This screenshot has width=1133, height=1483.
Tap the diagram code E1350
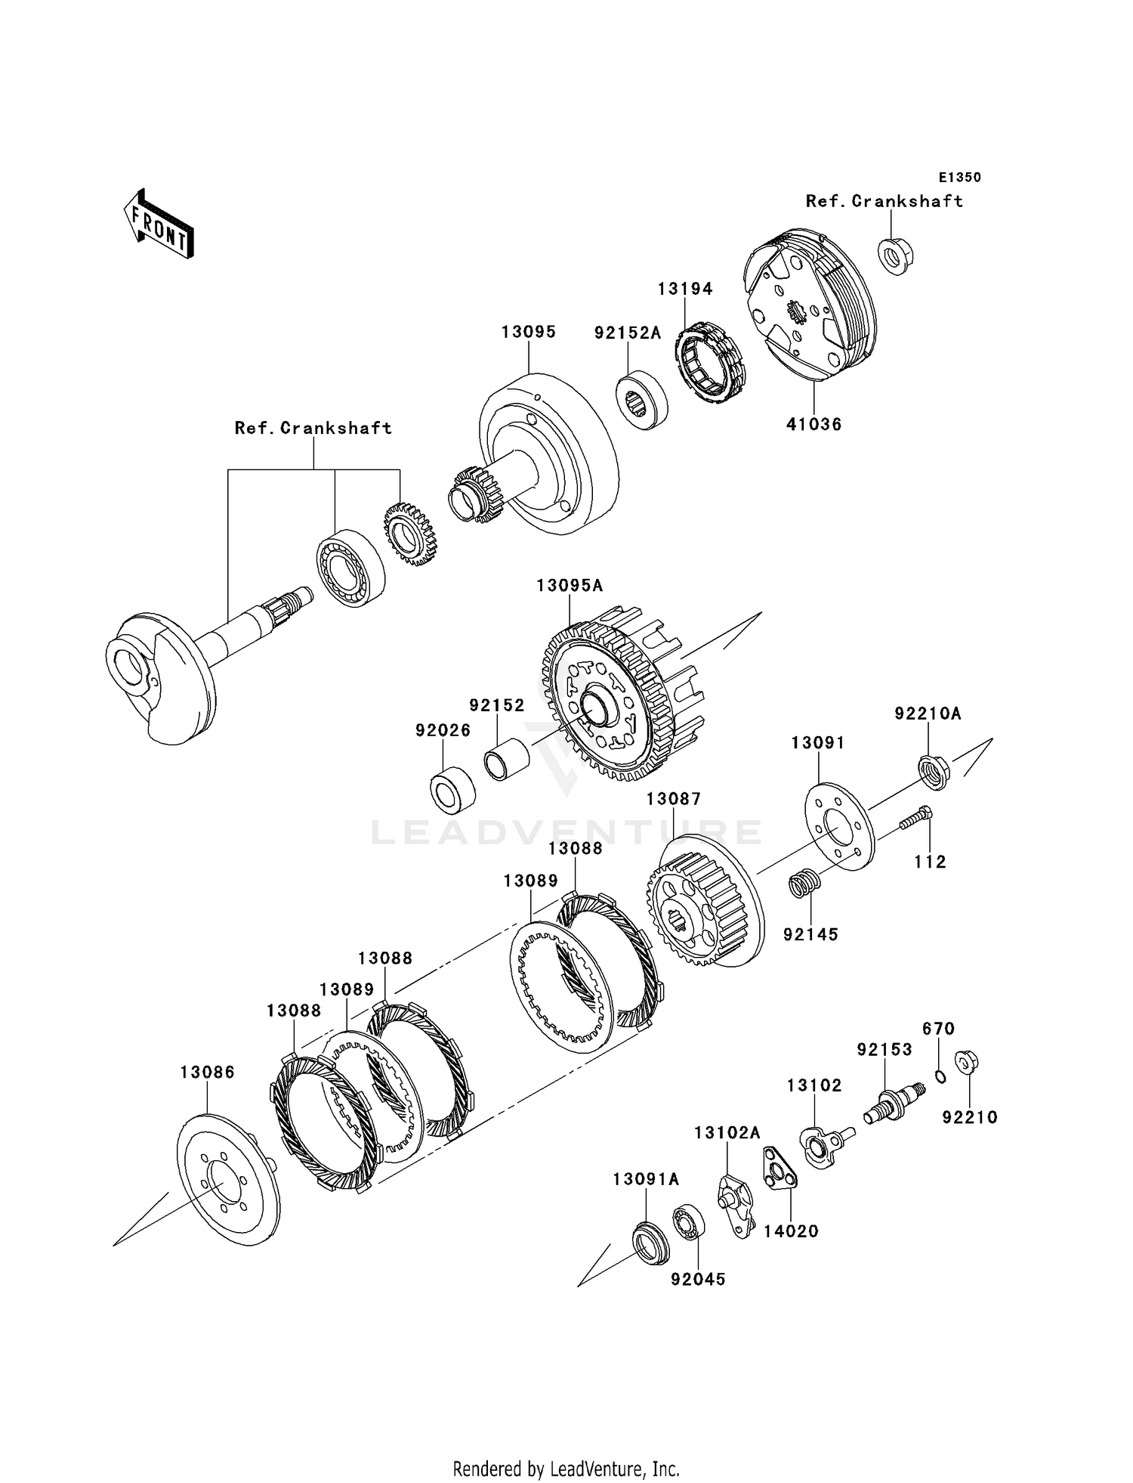959,178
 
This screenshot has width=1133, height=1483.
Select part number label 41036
813,424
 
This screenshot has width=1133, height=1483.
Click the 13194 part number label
685,289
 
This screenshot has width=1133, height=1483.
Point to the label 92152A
627,333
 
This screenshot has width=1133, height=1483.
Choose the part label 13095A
570,585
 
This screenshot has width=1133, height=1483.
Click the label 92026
443,730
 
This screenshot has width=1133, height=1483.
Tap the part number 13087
674,798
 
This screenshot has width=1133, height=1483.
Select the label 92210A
928,714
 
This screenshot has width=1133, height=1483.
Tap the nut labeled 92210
964,1063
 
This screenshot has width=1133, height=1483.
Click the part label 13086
208,1072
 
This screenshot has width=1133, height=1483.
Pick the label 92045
698,1279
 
